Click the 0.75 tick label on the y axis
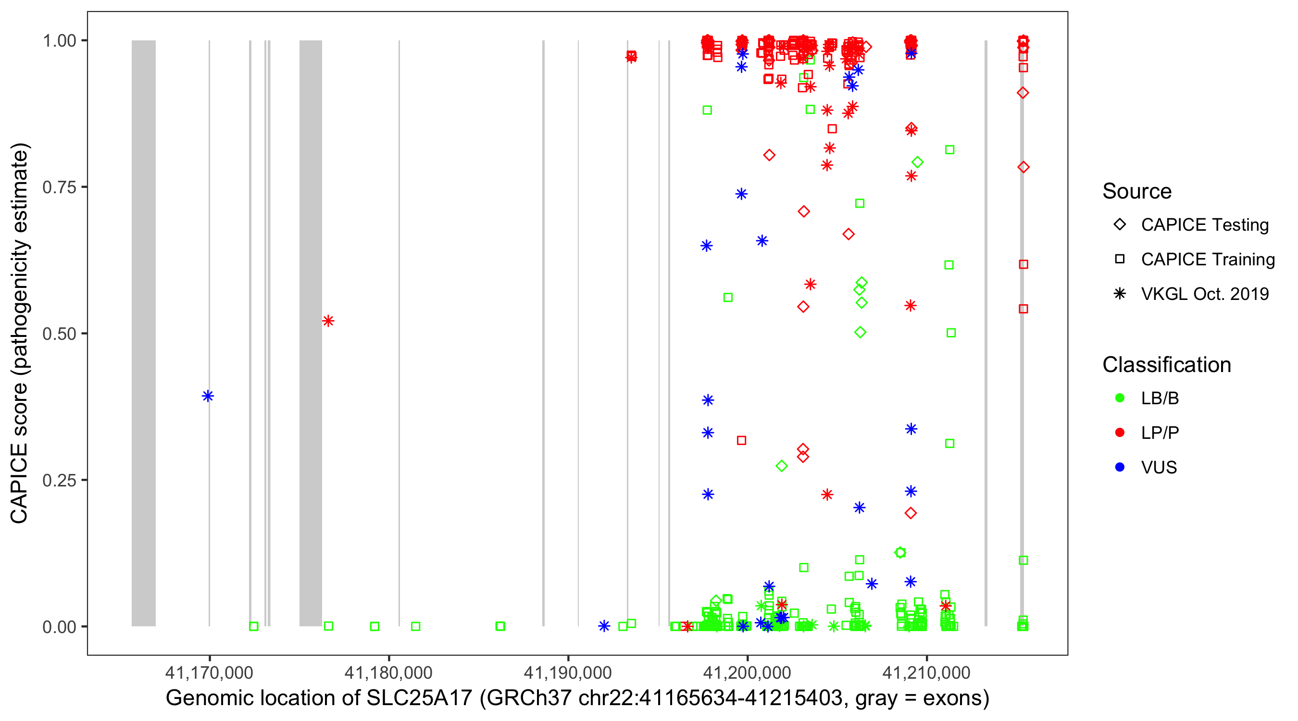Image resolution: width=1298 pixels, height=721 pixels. [59, 187]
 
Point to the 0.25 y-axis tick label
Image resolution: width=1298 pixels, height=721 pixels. [59, 480]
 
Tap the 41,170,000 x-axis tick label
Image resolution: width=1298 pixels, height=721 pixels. [209, 672]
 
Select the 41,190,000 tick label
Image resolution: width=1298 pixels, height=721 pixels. [568, 672]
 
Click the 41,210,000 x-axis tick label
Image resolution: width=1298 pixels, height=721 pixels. [926, 672]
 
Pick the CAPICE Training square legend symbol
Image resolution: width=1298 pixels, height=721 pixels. [1120, 260]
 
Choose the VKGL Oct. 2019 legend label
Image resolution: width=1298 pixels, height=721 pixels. [1205, 294]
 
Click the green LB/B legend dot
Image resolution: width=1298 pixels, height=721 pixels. [1120, 398]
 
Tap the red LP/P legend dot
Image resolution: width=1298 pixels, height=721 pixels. [1120, 433]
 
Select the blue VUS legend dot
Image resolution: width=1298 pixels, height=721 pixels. [1120, 467]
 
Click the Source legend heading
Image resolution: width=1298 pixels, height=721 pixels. [1137, 191]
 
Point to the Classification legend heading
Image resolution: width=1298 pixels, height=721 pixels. [1166, 365]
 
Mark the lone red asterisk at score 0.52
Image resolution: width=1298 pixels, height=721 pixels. [328, 321]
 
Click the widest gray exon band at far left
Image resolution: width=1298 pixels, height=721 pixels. [144, 333]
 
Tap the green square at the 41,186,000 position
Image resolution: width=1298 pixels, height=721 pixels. [500, 626]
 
